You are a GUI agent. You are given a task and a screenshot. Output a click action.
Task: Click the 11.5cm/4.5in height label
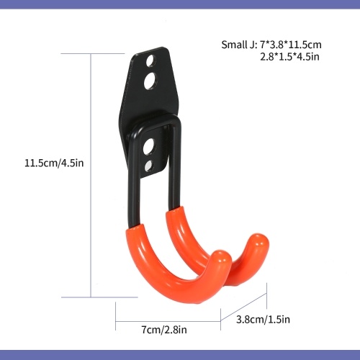tap(54, 163)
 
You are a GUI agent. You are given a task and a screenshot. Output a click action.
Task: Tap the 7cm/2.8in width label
tap(164, 330)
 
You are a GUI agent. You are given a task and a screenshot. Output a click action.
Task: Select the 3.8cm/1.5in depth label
tap(263, 320)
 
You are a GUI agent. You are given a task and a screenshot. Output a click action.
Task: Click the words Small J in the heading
tap(238, 45)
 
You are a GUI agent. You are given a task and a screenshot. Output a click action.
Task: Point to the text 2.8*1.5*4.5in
tap(290, 57)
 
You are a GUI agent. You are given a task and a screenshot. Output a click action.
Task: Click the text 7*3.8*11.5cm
tap(291, 45)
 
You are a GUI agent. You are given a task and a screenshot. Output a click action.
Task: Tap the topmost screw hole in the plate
tap(150, 60)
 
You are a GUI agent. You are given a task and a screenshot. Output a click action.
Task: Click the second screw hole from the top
tap(150, 81)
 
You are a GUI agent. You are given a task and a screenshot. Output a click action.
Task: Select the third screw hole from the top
tap(149, 146)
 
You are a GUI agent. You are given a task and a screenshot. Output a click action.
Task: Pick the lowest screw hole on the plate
tap(148, 166)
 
